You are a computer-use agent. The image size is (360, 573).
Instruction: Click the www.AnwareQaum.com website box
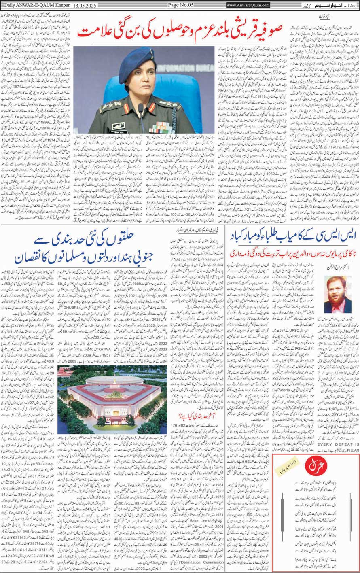(248, 5)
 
